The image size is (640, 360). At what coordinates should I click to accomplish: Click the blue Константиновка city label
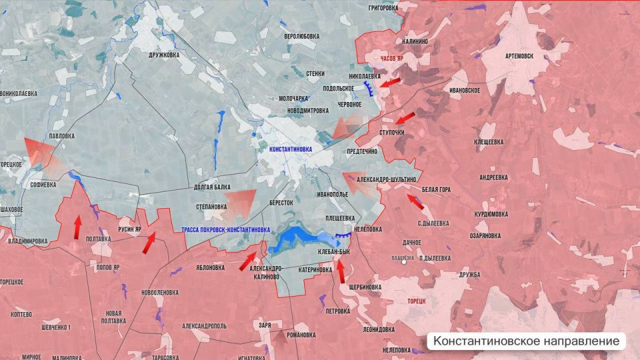[291, 150]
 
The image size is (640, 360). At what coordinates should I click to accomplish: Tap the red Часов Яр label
[392, 59]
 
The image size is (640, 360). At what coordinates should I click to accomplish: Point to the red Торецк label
[417, 301]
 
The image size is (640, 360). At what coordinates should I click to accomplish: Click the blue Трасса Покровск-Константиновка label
[225, 229]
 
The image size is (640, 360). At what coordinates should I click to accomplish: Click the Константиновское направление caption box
[527, 341]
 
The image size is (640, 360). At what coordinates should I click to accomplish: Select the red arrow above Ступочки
[404, 119]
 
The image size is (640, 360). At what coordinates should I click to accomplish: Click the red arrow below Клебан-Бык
[341, 271]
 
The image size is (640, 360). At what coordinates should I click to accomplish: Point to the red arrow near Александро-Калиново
[248, 261]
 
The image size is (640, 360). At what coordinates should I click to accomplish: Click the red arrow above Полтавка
[77, 227]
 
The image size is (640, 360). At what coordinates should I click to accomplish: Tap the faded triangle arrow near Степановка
[240, 202]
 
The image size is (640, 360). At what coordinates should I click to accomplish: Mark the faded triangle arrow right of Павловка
[40, 151]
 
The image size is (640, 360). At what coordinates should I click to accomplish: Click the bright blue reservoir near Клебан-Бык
[293, 239]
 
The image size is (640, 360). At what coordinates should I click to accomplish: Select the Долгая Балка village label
[212, 188]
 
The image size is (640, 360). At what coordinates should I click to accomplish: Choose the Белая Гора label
[436, 190]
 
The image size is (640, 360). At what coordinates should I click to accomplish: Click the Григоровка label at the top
[387, 8]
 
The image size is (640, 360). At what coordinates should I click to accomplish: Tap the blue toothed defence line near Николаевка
[368, 90]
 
